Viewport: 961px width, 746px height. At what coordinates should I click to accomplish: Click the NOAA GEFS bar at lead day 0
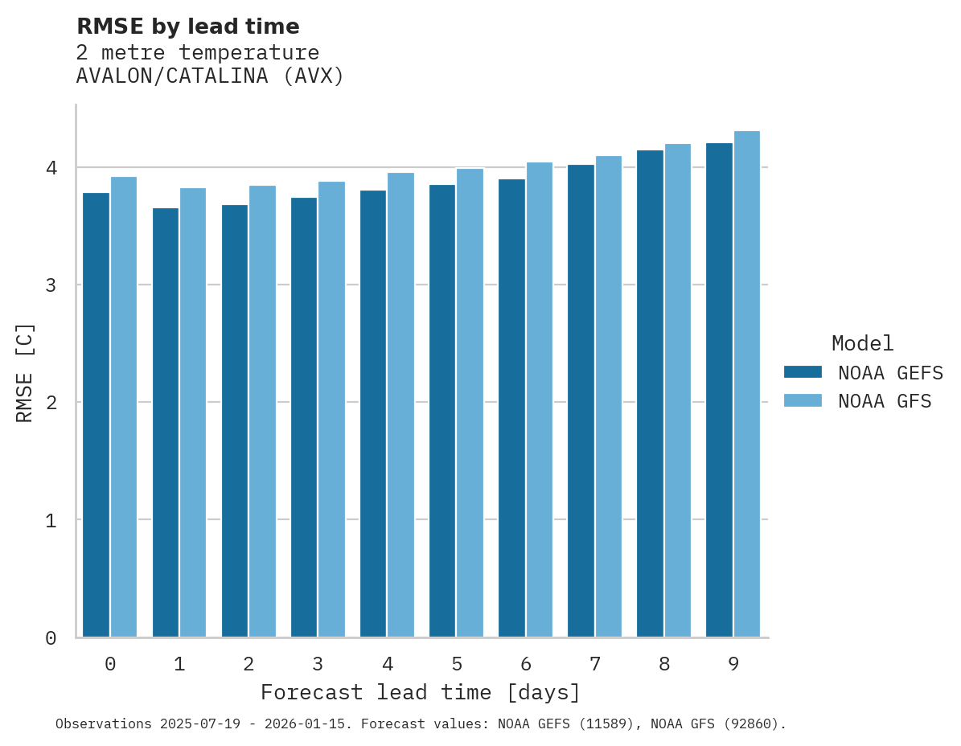[96, 415]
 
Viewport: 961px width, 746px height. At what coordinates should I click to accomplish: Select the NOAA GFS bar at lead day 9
[746, 384]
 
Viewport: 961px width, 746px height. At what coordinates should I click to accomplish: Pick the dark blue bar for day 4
[373, 414]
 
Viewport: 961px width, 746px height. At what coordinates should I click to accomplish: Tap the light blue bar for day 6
[539, 400]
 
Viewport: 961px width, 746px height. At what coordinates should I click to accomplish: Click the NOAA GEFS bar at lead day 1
[165, 422]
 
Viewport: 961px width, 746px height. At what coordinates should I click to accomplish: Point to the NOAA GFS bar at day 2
[262, 412]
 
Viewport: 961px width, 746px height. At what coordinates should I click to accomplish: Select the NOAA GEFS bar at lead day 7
[581, 401]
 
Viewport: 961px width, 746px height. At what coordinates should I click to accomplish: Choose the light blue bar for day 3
[331, 409]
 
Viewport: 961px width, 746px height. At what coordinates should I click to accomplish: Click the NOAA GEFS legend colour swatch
[803, 372]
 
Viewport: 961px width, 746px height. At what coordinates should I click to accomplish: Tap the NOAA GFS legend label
[885, 401]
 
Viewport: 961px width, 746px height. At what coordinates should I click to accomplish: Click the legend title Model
[862, 343]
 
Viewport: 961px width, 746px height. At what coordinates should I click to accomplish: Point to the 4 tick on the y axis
[51, 168]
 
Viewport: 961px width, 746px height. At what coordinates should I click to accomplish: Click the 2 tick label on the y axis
[51, 403]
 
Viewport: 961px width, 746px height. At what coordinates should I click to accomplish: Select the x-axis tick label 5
[457, 664]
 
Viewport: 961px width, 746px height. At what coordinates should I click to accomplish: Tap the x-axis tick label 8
[664, 664]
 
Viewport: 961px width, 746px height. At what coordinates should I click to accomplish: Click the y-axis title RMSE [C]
[25, 372]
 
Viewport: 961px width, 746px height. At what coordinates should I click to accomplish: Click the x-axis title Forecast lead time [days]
[420, 692]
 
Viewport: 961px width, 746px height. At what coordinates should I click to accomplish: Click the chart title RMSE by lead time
[187, 27]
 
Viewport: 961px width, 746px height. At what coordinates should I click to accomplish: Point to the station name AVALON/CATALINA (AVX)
[210, 76]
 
